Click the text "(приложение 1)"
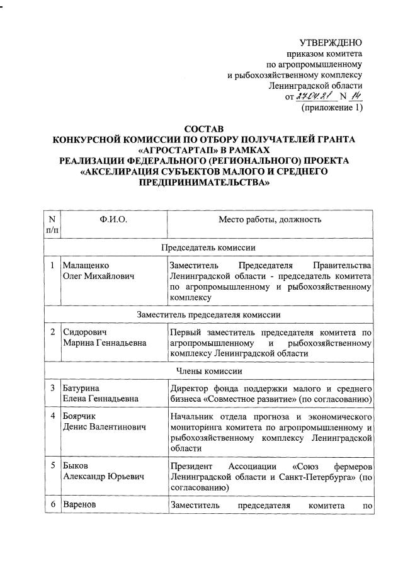332,108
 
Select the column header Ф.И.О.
113,220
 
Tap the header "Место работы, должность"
270,220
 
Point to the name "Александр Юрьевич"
103,477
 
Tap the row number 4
52,416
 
